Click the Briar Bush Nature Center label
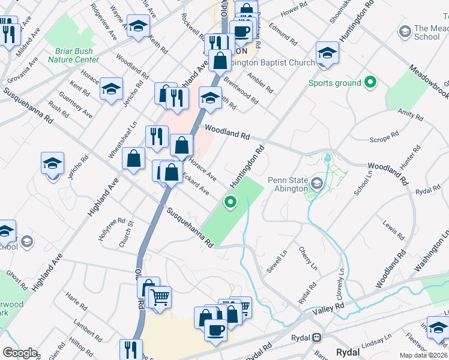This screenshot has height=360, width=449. point(77,55)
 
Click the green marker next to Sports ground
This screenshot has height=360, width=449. point(370,83)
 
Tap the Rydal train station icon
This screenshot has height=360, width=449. point(316,337)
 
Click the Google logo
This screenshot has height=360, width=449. point(20,353)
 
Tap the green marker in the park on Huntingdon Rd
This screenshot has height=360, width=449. point(230,203)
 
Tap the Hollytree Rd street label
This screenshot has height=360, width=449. point(112,229)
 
